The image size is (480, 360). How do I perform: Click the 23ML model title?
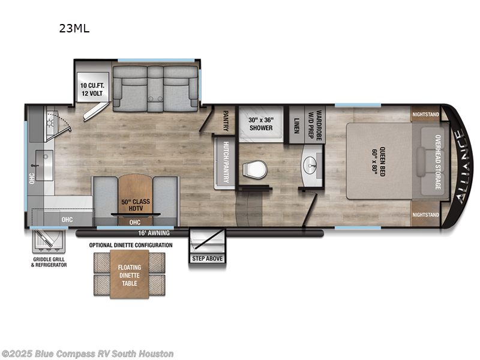coord(74,28)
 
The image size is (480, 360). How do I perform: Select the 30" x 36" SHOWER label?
coord(260,123)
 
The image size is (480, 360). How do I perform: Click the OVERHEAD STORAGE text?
coord(437,161)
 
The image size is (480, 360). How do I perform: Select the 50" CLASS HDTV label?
coord(134,204)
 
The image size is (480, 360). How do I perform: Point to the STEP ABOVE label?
coord(207,259)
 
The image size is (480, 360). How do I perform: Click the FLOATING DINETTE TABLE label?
coord(130,272)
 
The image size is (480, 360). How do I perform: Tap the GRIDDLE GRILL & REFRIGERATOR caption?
coord(49,262)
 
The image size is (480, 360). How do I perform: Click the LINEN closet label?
coord(296,125)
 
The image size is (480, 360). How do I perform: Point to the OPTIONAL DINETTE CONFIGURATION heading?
coord(131,245)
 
